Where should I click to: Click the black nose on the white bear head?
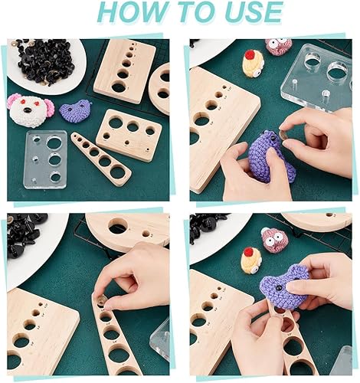(x=27, y=110)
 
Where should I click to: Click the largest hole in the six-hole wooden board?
(x=115, y=123)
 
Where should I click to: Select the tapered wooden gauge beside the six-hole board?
(x=101, y=155)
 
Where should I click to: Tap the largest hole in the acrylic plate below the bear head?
(x=54, y=142)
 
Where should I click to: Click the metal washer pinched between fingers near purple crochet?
(x=282, y=135)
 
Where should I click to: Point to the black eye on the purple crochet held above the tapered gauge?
(x=278, y=288)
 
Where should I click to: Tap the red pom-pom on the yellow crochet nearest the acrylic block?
(x=250, y=55)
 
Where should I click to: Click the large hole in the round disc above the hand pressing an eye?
(x=118, y=226)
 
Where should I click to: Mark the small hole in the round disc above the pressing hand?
(x=146, y=234)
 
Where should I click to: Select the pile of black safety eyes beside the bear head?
(x=44, y=61)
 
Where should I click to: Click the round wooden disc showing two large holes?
(x=160, y=88)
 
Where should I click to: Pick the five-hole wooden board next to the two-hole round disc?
(x=124, y=70)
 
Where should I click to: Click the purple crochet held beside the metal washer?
(x=270, y=159)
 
